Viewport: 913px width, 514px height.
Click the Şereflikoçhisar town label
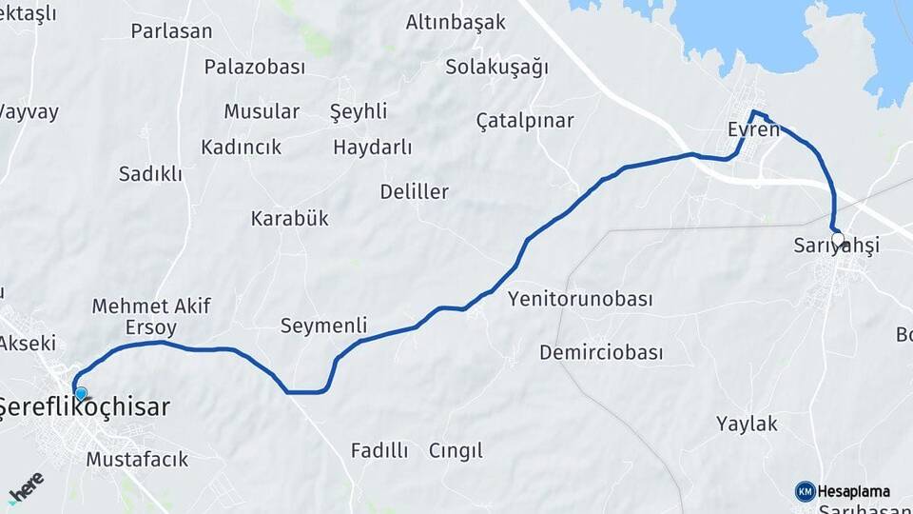[x=84, y=407]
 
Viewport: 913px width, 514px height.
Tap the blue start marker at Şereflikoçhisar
[x=81, y=393]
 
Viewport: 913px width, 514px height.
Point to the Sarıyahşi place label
[x=836, y=246]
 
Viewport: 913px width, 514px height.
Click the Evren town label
[x=752, y=129]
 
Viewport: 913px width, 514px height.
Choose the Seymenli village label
[x=323, y=326]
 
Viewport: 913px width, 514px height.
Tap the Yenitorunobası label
[x=580, y=300]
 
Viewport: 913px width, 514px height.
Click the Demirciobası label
[x=600, y=353]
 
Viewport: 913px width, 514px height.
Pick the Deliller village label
[x=414, y=191]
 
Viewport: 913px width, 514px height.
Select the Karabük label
[x=289, y=218]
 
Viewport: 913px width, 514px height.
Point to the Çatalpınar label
[x=525, y=121]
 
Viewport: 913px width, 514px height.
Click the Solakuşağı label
[x=497, y=67]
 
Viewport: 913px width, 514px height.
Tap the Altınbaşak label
[x=456, y=22]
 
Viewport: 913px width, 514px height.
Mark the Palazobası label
[x=254, y=67]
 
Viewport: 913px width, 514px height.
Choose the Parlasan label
[x=171, y=31]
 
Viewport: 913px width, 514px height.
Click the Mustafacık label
[x=137, y=460]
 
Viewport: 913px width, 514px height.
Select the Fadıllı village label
[x=379, y=450]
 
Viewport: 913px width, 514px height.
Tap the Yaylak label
[x=747, y=424]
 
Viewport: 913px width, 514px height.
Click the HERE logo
[x=26, y=488]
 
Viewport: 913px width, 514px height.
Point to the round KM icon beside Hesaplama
[x=805, y=491]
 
